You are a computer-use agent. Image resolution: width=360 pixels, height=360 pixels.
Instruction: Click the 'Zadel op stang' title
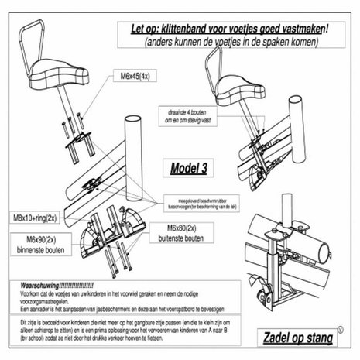pyautogui.click(x=293, y=338)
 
